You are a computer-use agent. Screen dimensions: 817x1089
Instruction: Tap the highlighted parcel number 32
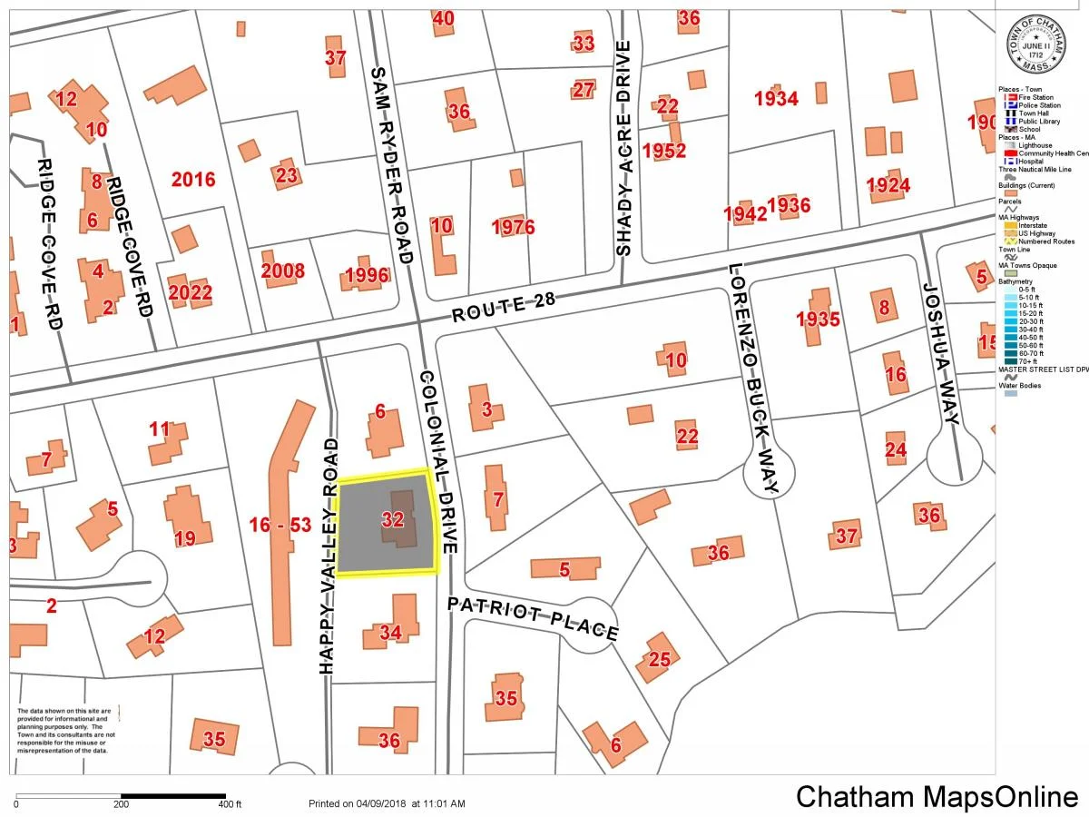click(392, 520)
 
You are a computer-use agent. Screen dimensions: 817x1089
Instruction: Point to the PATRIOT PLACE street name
click(533, 618)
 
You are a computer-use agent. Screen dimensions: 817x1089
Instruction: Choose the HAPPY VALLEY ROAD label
click(329, 556)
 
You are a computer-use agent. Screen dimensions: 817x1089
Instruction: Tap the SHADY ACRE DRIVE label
click(623, 149)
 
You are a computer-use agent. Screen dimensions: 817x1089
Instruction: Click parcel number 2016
click(193, 179)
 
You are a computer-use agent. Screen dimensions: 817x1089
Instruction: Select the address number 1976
click(513, 227)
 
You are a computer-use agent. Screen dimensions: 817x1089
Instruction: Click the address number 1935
click(818, 319)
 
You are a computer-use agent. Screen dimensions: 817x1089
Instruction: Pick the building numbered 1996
click(367, 276)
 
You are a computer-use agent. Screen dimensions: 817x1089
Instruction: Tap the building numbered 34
click(390, 632)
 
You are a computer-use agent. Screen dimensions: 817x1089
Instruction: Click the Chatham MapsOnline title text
click(937, 797)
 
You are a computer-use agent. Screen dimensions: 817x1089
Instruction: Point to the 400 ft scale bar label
click(230, 804)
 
